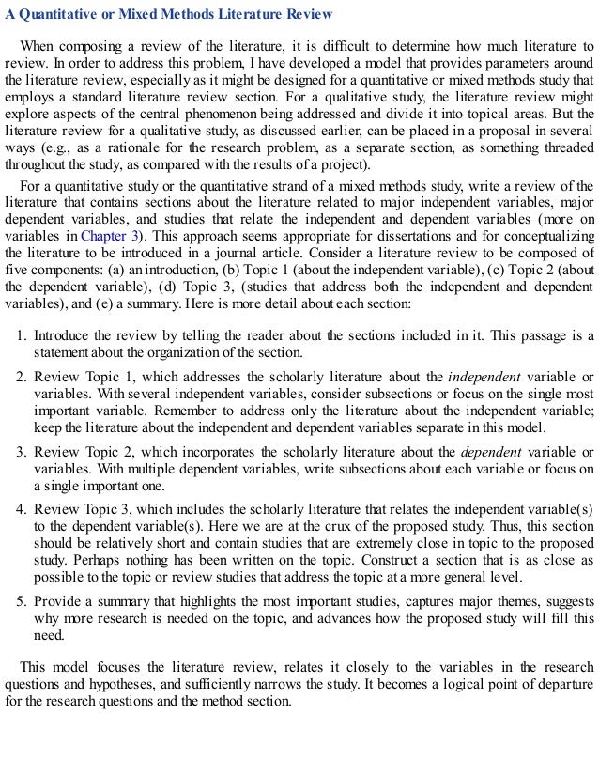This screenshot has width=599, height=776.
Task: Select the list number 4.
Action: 23,508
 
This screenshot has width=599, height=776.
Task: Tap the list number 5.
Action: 23,600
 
